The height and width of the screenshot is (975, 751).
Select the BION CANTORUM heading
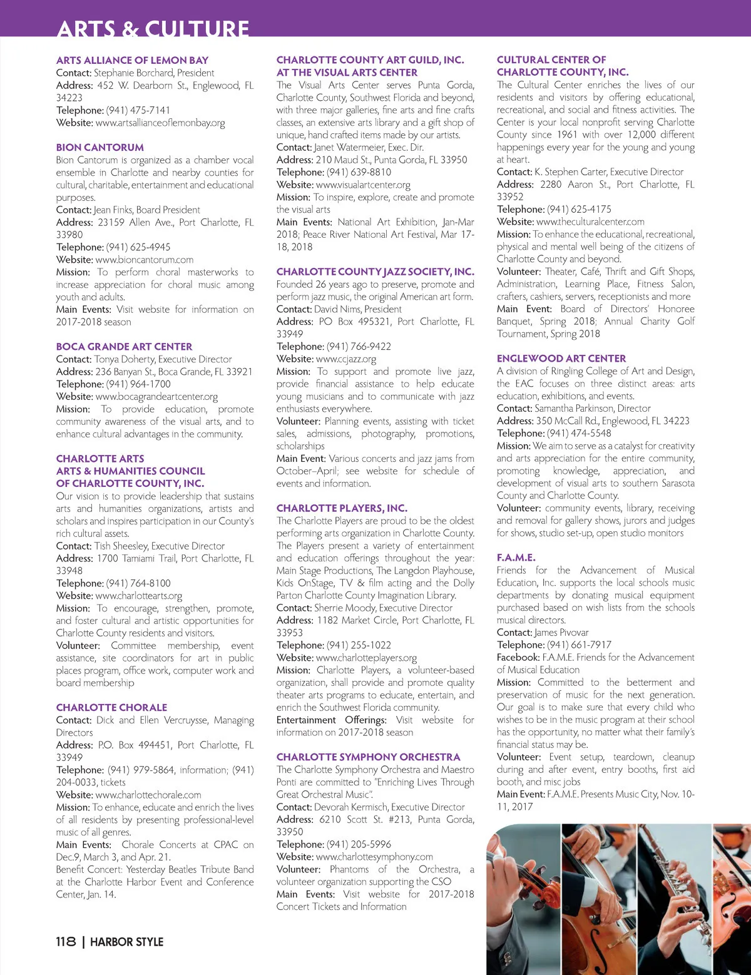[100, 148]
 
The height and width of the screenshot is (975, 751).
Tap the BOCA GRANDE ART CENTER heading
[124, 347]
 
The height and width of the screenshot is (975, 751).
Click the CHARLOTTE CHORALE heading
[111, 708]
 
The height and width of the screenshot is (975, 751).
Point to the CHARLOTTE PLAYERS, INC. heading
[342, 508]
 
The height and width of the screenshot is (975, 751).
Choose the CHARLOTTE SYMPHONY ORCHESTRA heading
[368, 757]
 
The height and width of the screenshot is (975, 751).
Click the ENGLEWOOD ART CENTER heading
[561, 359]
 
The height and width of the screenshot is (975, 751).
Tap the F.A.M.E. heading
[516, 558]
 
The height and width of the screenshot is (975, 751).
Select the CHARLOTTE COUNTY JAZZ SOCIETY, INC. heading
[375, 272]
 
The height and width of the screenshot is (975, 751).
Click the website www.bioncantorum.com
[145, 260]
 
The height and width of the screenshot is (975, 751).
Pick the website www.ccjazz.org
[346, 359]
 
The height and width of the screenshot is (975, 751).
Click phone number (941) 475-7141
[138, 110]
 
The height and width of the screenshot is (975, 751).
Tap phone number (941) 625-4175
[579, 209]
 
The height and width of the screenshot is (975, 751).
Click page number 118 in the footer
[66, 942]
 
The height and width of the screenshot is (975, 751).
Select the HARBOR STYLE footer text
[126, 942]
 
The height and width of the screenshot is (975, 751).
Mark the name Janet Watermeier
[349, 148]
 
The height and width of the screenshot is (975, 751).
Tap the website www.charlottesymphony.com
[374, 857]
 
